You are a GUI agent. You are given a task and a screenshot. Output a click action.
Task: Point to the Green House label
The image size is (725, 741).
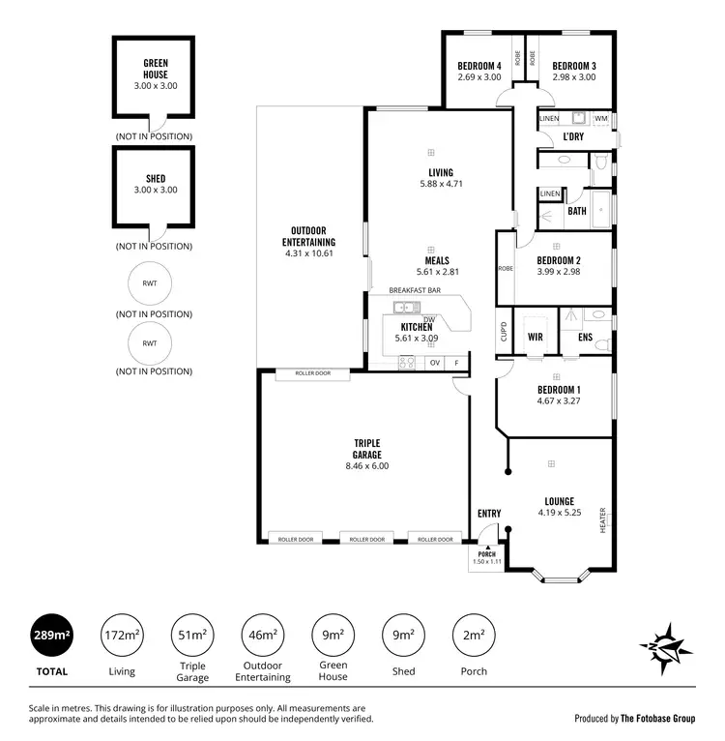(156, 69)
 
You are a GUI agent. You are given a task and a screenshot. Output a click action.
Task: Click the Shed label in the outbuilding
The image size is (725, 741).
(156, 178)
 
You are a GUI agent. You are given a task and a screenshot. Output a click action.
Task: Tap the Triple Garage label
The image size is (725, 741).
(366, 448)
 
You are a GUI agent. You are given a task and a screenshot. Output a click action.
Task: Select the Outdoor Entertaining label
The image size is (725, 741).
(308, 236)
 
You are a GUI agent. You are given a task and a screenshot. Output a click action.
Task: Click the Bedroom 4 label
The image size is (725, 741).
(478, 66)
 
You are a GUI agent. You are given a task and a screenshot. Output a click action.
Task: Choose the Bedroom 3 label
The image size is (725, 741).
(574, 66)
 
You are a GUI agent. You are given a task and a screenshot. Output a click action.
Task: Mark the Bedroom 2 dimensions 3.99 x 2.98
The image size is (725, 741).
(559, 272)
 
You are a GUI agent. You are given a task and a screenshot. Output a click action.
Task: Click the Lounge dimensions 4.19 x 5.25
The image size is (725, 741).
(559, 513)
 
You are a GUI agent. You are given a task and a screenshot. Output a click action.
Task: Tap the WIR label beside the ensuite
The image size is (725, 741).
(535, 338)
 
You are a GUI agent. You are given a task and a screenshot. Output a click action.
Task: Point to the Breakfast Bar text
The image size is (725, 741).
(415, 290)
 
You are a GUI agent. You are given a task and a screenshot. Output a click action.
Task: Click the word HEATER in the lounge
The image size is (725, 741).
(602, 520)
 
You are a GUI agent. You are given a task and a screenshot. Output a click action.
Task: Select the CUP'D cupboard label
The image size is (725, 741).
(503, 333)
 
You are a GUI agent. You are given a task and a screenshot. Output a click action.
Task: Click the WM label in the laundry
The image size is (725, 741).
(600, 119)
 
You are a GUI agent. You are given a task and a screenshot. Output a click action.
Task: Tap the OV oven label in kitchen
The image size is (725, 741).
(435, 363)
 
